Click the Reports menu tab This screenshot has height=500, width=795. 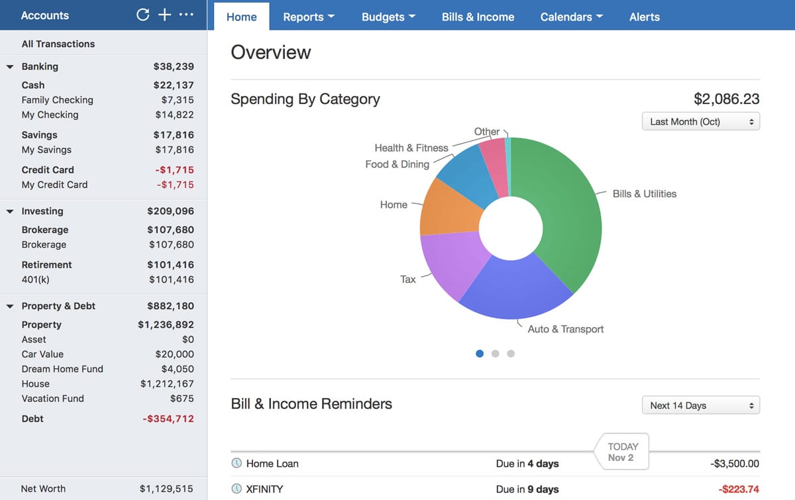click(x=308, y=17)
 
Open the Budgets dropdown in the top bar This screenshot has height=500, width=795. click(x=388, y=17)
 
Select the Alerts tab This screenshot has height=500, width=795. click(x=644, y=17)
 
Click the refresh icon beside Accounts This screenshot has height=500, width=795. click(x=142, y=15)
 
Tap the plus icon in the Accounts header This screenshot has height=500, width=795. click(x=164, y=15)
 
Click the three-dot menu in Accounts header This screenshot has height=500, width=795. click(x=186, y=15)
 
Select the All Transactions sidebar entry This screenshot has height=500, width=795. click(x=58, y=44)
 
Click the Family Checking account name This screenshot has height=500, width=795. click(x=57, y=100)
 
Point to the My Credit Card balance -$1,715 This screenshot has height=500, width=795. click(x=175, y=185)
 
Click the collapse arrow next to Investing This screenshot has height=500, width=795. click(x=10, y=211)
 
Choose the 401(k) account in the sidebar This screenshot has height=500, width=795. click(x=36, y=279)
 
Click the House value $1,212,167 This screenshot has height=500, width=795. click(x=167, y=383)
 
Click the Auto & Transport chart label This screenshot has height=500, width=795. click(x=565, y=329)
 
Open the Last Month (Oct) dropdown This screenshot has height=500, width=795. click(x=700, y=122)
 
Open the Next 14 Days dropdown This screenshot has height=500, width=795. click(x=700, y=405)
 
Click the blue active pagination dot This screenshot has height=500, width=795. click(x=480, y=354)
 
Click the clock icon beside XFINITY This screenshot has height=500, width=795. click(x=237, y=489)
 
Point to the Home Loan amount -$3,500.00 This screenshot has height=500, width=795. click(x=734, y=464)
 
